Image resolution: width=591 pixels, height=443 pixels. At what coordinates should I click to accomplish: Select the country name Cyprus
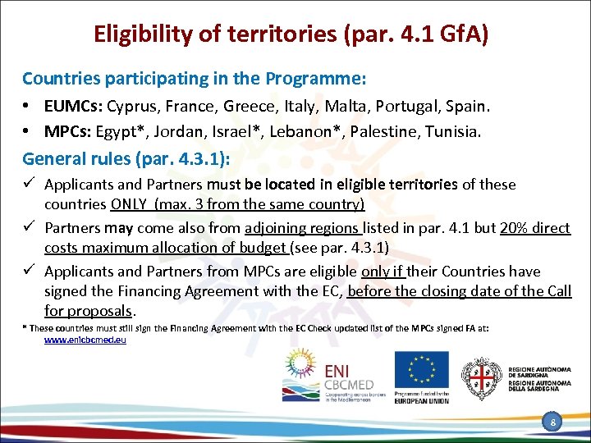click(130, 107)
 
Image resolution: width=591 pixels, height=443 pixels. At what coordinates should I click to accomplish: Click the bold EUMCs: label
click(72, 107)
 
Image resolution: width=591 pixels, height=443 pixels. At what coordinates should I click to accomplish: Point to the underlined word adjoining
click(277, 227)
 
